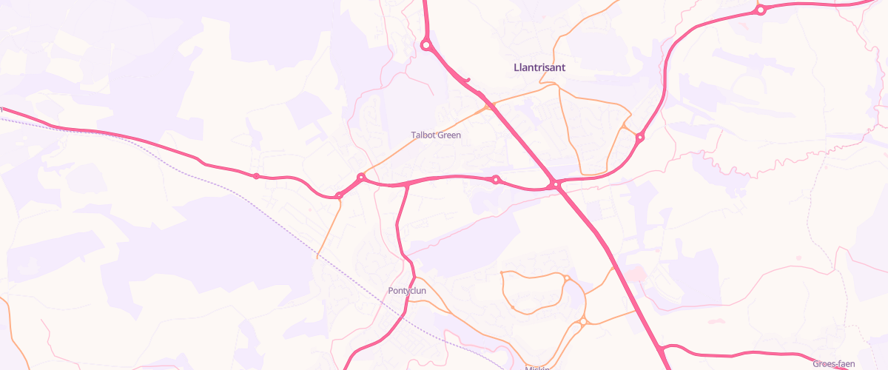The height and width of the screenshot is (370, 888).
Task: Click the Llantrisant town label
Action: [x=539, y=67]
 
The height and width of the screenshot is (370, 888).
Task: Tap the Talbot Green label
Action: [x=436, y=135]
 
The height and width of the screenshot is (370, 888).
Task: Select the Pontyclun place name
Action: [x=407, y=291]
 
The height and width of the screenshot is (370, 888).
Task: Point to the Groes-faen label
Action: [x=834, y=363]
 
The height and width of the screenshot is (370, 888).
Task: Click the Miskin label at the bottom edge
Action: [x=538, y=368]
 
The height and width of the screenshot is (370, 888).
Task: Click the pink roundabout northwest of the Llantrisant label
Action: [x=426, y=45]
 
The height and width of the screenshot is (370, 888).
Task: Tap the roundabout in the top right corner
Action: [x=760, y=10]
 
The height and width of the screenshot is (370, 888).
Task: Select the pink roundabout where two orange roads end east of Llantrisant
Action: [x=640, y=137]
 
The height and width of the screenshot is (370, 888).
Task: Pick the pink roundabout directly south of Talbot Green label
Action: [x=496, y=180]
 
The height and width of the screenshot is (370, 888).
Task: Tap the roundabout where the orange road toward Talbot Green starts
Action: [x=361, y=178]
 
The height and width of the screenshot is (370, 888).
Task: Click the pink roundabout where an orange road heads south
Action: [x=339, y=195]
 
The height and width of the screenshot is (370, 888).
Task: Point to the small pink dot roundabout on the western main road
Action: [x=256, y=175]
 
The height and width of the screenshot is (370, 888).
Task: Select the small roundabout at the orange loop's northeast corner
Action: [x=566, y=278]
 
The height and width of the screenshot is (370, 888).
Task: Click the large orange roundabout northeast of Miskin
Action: [x=583, y=321]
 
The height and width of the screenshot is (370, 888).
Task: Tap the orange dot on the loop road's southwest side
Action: [x=512, y=306]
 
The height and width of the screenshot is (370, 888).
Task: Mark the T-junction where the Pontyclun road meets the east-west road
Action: [x=407, y=184]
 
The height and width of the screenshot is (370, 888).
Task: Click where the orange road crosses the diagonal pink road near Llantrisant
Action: [x=489, y=107]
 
